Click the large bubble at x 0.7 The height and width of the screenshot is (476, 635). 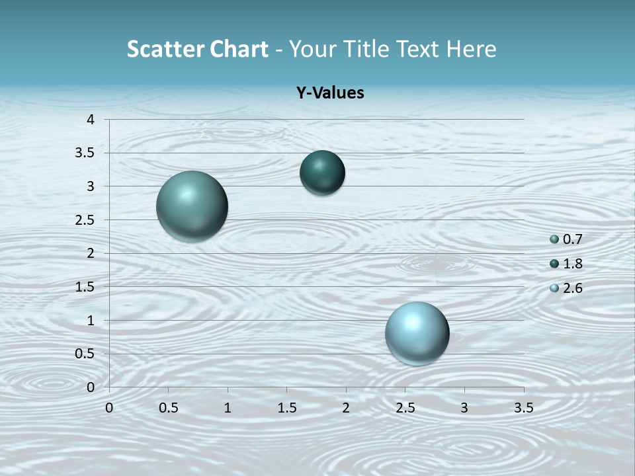click(x=192, y=206)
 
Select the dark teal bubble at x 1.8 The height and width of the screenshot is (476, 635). click(x=322, y=173)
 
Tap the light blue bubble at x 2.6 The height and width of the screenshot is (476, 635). click(x=417, y=333)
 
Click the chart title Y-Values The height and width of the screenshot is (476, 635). click(x=329, y=93)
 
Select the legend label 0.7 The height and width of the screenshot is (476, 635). click(x=572, y=239)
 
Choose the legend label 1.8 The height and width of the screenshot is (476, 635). click(x=572, y=264)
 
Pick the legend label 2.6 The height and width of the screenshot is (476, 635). click(x=572, y=288)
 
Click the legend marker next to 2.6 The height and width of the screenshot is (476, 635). click(x=554, y=288)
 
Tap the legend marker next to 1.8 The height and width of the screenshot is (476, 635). click(x=554, y=264)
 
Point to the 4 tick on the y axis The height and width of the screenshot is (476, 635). click(x=91, y=120)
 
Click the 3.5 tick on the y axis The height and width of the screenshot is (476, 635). click(x=85, y=153)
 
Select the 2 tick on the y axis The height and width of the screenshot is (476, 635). click(x=91, y=253)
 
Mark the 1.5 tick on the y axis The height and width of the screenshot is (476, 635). click(x=85, y=287)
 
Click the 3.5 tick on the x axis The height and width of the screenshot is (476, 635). click(x=523, y=408)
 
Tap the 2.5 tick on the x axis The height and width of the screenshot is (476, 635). click(x=405, y=408)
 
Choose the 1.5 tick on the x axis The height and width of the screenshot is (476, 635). click(x=286, y=408)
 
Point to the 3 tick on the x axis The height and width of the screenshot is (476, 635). click(x=464, y=408)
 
